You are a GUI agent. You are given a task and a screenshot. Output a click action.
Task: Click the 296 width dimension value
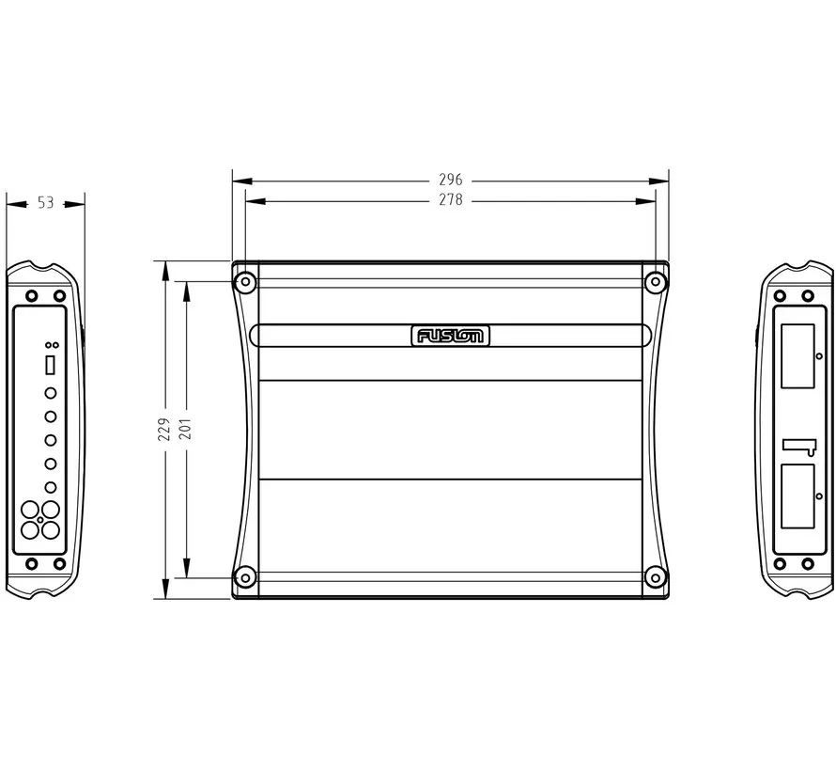point(451,180)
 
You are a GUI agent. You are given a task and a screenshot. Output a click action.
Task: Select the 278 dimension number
point(451,200)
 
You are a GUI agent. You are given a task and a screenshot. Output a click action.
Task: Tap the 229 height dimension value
point(164,429)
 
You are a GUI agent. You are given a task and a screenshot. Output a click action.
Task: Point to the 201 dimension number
point(185,429)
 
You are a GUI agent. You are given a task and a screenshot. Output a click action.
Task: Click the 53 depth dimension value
point(45,202)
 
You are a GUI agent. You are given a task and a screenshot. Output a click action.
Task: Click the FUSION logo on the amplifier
point(450,336)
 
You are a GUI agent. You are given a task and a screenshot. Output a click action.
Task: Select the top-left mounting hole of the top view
point(245,282)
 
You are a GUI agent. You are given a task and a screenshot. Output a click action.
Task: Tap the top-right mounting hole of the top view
point(655,282)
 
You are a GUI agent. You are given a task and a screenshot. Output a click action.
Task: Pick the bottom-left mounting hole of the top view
point(245,577)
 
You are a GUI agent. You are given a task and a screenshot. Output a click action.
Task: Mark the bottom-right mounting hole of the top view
point(655,577)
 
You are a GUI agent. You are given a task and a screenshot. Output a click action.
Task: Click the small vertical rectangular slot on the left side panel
point(51,363)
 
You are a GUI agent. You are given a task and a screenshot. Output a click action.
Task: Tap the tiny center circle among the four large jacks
point(40,520)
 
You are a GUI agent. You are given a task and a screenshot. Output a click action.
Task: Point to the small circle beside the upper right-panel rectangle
point(820,357)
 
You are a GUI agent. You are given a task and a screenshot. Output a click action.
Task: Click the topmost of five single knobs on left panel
point(51,393)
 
